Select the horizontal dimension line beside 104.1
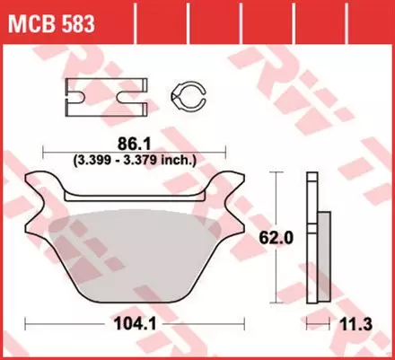(x=63, y=322)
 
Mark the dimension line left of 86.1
(x=72, y=149)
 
